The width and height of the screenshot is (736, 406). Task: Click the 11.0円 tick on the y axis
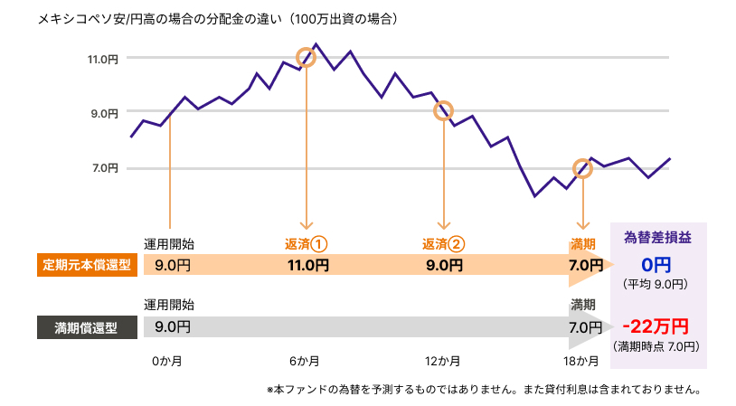coord(103,59)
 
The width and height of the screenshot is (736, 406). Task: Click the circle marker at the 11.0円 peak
coord(307,57)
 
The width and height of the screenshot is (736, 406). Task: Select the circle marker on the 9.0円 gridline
coord(443,111)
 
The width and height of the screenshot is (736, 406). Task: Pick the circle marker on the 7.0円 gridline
coord(583,169)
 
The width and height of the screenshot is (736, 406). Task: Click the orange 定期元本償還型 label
coord(88,266)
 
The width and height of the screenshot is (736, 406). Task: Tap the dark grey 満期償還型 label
coord(88,326)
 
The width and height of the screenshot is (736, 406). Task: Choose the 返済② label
coord(443,243)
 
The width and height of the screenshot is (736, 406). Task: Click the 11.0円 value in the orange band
coord(307,266)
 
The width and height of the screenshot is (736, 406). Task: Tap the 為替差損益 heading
coord(658,238)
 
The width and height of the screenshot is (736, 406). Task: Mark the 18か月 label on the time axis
coord(581,362)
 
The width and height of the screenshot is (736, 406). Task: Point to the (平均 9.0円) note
coord(657,284)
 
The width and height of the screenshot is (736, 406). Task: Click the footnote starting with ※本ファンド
coord(484,390)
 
